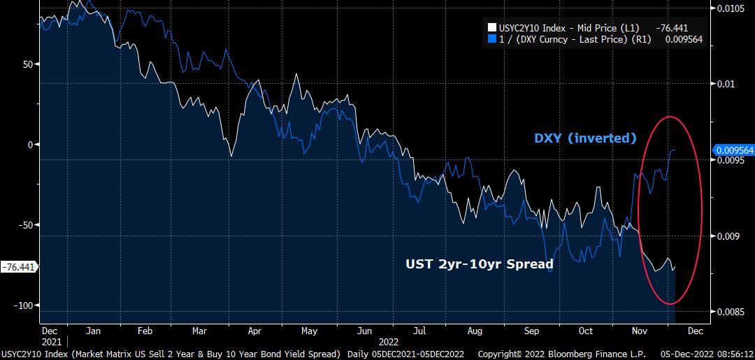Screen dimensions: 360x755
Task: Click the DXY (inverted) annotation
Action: [x=585, y=138]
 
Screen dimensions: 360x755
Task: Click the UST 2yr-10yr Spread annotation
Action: [x=480, y=264]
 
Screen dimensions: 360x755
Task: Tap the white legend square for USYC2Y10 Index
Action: [x=491, y=28]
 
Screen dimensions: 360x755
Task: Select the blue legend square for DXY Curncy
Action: [x=491, y=40]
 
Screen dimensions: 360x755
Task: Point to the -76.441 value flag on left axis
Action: [x=20, y=267]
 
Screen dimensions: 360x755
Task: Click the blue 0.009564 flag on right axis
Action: [x=733, y=150]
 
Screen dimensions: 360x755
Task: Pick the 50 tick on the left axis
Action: [x=28, y=64]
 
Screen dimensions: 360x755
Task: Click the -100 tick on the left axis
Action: [x=24, y=305]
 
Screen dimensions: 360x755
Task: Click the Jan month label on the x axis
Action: [x=93, y=331]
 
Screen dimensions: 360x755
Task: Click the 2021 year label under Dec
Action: [x=50, y=342]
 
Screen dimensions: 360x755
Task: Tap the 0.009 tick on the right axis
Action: [x=726, y=236]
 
